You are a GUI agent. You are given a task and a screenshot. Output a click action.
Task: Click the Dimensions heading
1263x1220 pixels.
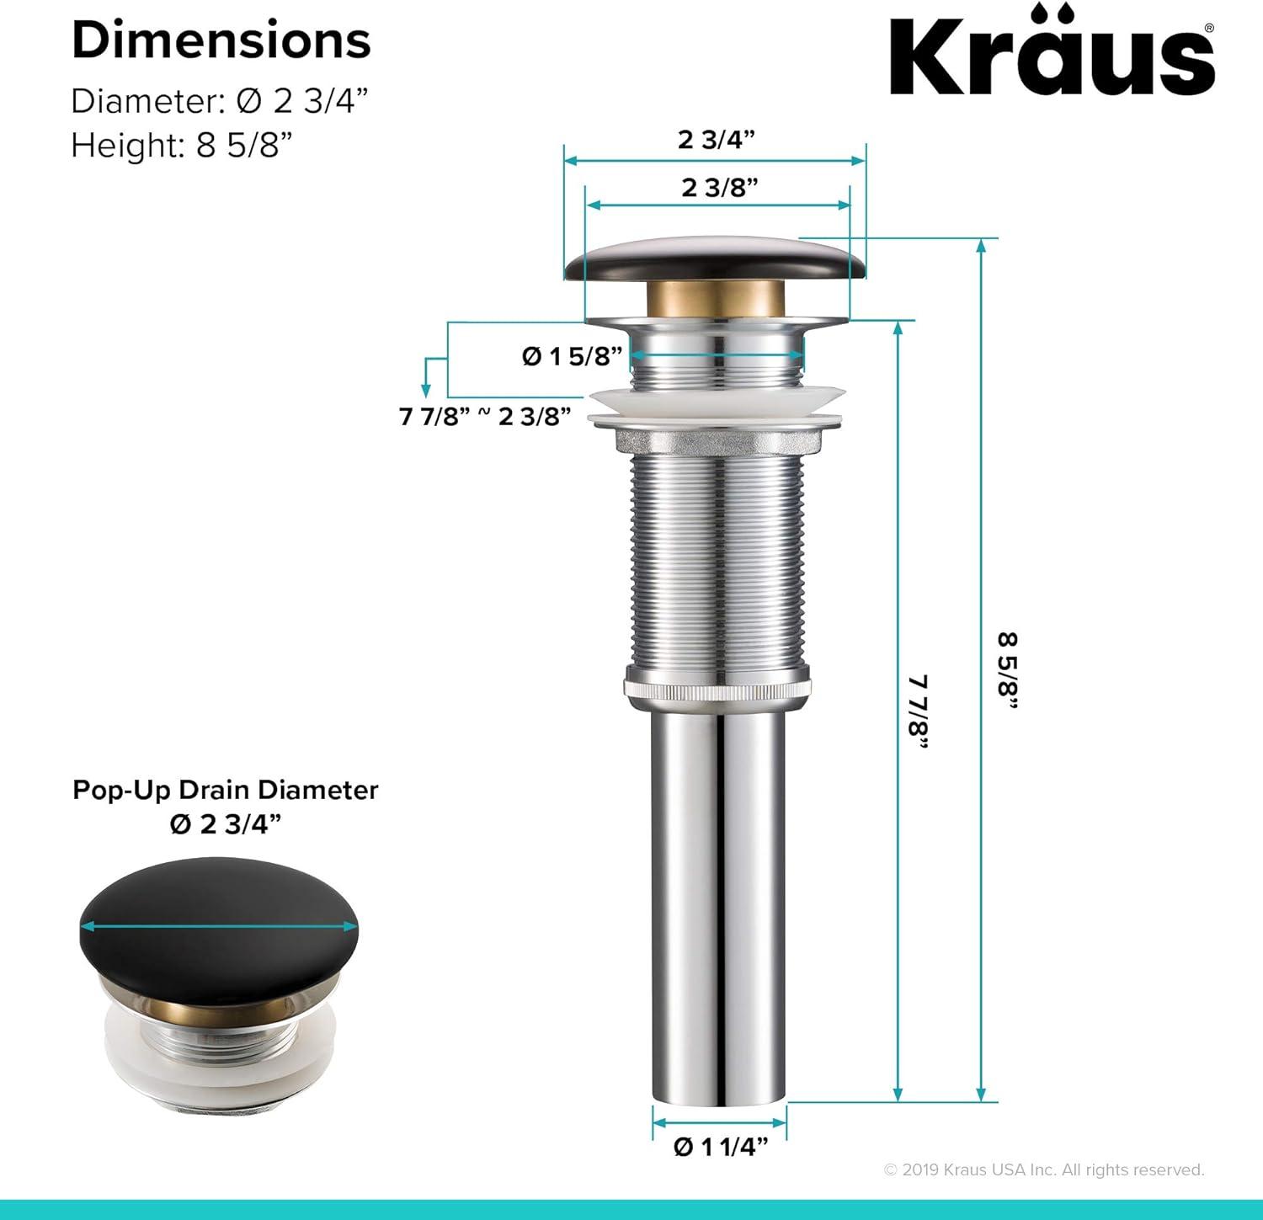(221, 40)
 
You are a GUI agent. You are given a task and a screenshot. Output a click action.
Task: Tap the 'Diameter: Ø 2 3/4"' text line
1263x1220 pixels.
(220, 101)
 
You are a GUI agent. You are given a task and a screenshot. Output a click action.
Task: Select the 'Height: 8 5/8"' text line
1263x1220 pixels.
(181, 146)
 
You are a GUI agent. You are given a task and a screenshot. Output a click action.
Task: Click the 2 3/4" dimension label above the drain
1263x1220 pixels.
(716, 139)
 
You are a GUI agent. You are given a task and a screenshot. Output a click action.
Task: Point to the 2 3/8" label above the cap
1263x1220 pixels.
(719, 187)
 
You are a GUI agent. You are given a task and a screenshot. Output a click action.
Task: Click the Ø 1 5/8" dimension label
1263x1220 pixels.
(572, 356)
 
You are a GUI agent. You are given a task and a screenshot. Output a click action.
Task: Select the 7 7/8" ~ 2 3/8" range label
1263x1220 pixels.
(485, 416)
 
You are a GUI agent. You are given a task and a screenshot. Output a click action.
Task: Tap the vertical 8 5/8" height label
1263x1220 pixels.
(1008, 670)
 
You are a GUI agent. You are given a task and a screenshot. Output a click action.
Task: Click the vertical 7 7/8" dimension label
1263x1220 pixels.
(918, 711)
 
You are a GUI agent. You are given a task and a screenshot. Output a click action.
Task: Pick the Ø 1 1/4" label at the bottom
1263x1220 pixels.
(720, 1147)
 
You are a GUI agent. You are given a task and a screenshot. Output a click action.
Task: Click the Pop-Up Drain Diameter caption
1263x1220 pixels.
(225, 790)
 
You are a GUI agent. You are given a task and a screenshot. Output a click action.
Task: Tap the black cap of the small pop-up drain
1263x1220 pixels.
(219, 922)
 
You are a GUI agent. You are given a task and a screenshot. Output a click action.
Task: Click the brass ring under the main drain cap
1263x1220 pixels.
(715, 298)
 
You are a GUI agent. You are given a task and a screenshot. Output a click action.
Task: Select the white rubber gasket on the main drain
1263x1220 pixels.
(717, 406)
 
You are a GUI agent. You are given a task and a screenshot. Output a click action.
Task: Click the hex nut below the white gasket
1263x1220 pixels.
(717, 440)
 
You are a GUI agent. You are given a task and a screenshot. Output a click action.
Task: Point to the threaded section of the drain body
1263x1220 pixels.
(717, 556)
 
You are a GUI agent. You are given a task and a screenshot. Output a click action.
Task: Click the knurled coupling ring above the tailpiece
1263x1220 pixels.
(717, 684)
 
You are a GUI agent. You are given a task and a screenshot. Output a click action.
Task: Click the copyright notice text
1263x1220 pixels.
(1043, 1169)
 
